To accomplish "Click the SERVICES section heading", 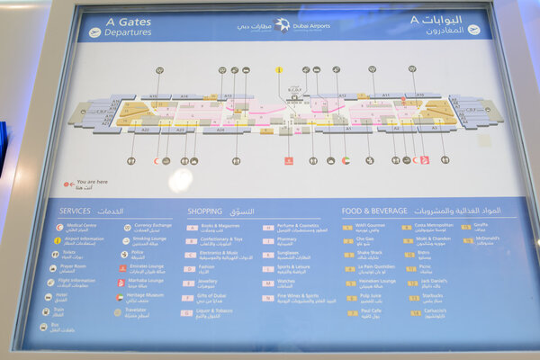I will coord(75,211).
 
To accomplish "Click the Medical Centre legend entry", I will coord(80,227).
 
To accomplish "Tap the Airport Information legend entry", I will coord(85,240).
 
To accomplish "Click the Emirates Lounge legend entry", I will coord(148,267).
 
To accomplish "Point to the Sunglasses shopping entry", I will coord(289,254).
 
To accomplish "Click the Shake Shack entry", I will coord(369,254).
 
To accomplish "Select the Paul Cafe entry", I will coord(371,311).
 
